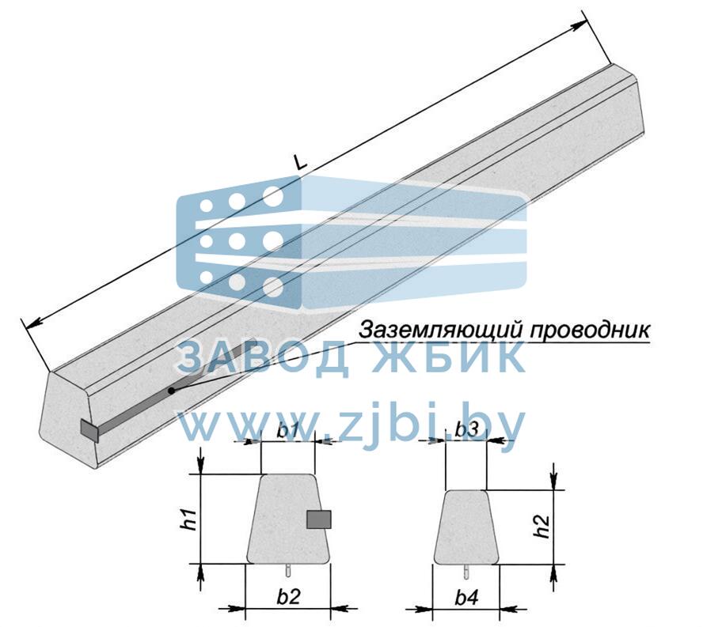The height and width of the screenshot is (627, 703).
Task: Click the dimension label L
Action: tap(301, 161)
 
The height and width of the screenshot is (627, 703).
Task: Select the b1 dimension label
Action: tap(288, 431)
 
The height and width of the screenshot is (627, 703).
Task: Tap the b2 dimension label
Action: tap(288, 596)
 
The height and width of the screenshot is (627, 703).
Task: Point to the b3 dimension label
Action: tap(467, 430)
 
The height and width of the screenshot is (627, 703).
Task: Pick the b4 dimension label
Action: tap(467, 598)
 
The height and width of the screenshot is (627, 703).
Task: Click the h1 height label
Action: tap(190, 519)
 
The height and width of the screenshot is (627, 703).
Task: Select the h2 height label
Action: tap(541, 526)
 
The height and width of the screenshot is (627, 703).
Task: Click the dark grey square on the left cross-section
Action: tap(319, 519)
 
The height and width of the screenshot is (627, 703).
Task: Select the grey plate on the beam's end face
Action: tap(89, 431)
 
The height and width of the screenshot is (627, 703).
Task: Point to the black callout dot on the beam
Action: tap(171, 391)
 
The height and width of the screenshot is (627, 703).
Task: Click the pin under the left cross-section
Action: tap(289, 570)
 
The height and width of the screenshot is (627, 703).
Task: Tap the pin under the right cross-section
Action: tap(467, 570)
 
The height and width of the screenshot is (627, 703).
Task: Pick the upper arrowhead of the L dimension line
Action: tap(579, 26)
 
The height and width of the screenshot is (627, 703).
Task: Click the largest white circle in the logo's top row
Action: tap(273, 196)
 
